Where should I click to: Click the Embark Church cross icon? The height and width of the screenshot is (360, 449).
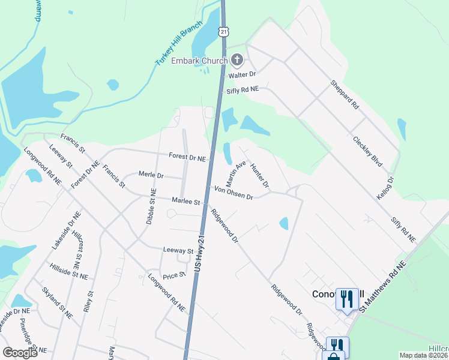[x=237, y=59]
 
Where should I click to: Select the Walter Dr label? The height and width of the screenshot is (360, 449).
[x=241, y=75]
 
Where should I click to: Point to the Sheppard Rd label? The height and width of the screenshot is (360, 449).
[x=345, y=95]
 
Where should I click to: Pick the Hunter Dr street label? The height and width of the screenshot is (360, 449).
[x=259, y=175]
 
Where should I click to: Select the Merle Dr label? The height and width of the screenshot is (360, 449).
[x=151, y=175]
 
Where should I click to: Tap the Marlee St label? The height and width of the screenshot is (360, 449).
[x=185, y=202]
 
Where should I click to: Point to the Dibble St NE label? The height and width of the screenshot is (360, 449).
[x=151, y=208]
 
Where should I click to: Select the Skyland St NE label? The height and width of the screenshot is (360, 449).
[x=57, y=302]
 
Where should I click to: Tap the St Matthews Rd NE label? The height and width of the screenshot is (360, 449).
[x=384, y=286]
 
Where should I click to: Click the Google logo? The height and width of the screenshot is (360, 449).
[x=20, y=353]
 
